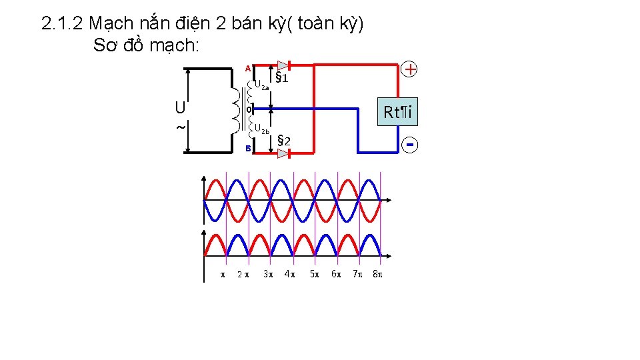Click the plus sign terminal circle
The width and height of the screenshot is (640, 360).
[x=411, y=69]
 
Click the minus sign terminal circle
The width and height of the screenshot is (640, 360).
[x=411, y=144]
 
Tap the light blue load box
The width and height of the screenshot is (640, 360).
[x=398, y=113]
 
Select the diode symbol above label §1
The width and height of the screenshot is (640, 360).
[x=283, y=65]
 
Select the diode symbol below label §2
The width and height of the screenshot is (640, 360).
[x=283, y=153]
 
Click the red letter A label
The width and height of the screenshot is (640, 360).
[x=247, y=68]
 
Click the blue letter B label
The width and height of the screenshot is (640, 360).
[x=247, y=149]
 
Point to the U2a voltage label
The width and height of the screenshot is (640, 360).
[x=261, y=85]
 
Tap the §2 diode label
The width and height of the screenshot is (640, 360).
[x=283, y=140]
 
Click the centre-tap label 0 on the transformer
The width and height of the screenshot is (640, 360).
[x=248, y=109]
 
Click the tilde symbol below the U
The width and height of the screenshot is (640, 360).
[x=180, y=127]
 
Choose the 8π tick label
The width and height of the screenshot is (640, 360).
[x=378, y=273]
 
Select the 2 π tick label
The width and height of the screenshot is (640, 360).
[x=243, y=274]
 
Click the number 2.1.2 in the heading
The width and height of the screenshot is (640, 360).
[x=62, y=24]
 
